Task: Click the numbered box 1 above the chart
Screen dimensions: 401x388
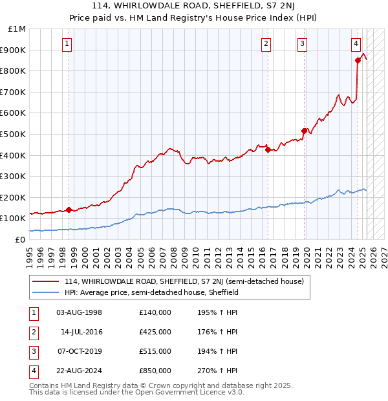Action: tap(68, 44)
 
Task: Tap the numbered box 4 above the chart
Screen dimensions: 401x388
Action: tap(356, 44)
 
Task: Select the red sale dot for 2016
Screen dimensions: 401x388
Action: tap(267, 149)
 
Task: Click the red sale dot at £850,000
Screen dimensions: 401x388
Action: tap(358, 60)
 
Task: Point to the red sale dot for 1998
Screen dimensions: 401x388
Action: tap(69, 210)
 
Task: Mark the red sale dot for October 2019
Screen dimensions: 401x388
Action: tap(304, 131)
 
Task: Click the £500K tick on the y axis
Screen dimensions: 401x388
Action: tap(14, 134)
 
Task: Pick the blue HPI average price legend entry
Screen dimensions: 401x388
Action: tap(151, 292)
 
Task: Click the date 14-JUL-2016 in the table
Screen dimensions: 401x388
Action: tap(81, 332)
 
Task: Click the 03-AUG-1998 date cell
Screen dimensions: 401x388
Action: tap(80, 312)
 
